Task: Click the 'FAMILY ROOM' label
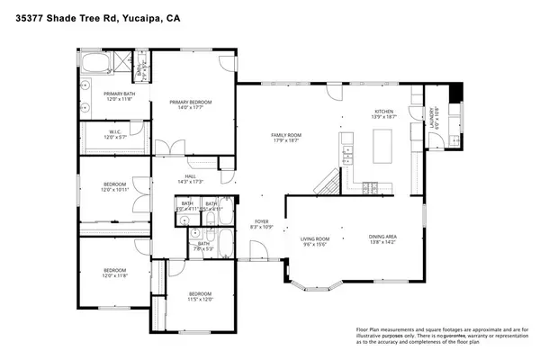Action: coord(286,138)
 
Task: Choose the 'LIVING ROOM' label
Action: coord(314,240)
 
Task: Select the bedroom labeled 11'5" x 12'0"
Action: coord(200,297)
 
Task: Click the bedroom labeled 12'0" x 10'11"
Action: coord(114,187)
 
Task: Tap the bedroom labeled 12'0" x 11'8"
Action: coord(114,273)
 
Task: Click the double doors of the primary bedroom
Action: coord(166,148)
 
